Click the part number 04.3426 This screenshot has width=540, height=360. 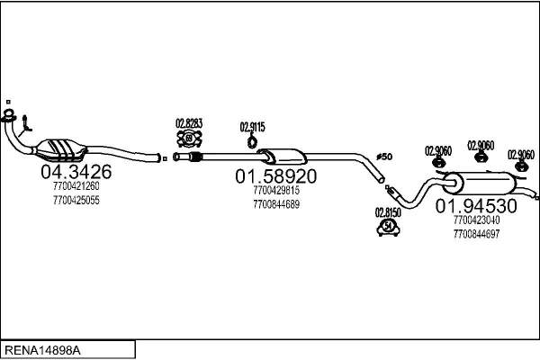point(76,172)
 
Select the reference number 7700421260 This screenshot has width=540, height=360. point(76,186)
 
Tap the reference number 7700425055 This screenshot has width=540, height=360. point(76,200)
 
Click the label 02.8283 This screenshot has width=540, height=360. point(189,123)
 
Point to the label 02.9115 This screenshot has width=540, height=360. point(253,126)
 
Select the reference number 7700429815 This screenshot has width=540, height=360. point(276,190)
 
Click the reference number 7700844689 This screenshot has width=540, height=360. point(276,203)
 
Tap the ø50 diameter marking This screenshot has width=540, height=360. point(384,157)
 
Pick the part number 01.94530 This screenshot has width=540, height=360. point(477,206)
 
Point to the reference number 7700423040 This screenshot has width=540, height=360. point(477,220)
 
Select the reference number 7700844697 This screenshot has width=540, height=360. point(477,234)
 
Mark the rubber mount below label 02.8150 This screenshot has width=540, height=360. point(387,229)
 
